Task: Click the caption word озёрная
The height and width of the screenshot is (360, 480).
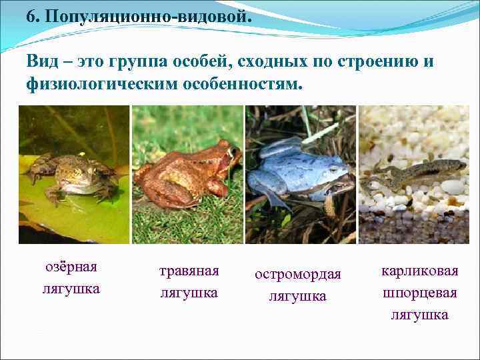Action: tap(71, 267)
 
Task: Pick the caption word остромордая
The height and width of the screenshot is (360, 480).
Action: tap(297, 274)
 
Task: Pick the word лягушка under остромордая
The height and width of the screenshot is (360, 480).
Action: tap(297, 296)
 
